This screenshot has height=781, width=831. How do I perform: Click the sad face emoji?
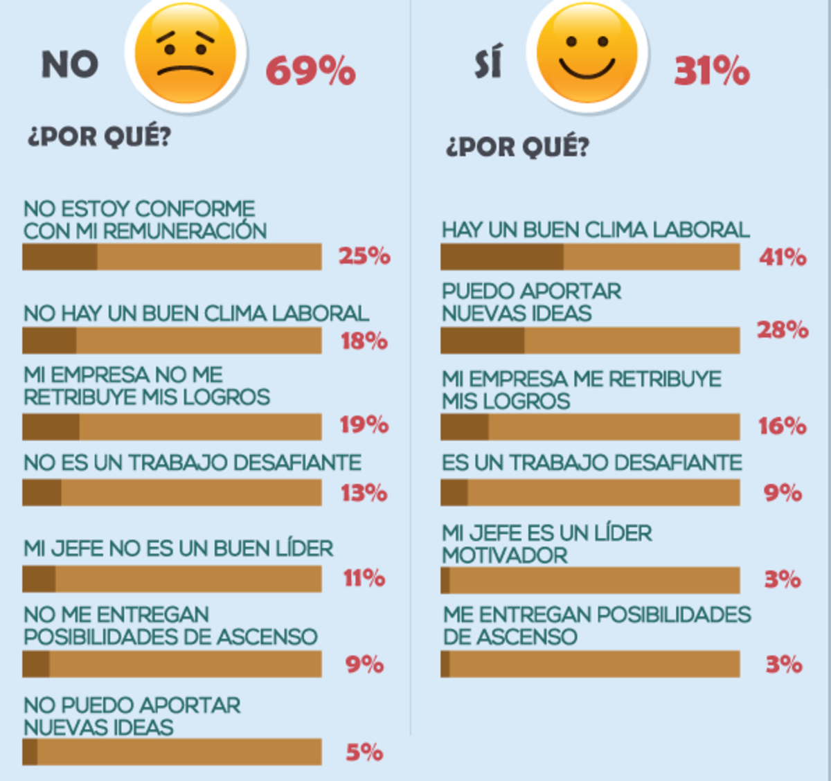(186, 54)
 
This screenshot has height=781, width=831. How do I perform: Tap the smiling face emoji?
(587, 53)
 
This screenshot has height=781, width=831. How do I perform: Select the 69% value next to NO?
(310, 71)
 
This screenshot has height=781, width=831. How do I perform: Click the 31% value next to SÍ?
(711, 71)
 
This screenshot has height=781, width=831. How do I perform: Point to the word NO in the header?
(70, 66)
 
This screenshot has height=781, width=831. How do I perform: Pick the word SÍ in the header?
(488, 64)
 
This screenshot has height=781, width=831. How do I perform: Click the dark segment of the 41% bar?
(502, 258)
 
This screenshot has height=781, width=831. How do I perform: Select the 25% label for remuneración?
(364, 256)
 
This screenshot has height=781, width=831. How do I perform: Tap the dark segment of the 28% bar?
(483, 341)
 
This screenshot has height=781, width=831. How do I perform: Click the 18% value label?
(364, 341)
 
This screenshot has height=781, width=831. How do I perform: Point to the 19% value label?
(364, 424)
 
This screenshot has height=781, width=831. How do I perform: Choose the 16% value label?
(782, 426)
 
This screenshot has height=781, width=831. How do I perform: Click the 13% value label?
(364, 493)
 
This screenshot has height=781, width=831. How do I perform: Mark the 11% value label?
(364, 578)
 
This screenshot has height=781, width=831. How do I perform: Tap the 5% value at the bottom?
(364, 752)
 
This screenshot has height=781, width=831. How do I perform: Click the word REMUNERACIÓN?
(185, 231)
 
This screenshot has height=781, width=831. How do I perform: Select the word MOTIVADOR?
(505, 555)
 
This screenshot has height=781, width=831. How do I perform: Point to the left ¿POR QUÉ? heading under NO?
(99, 136)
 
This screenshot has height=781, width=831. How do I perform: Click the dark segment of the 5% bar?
(30, 752)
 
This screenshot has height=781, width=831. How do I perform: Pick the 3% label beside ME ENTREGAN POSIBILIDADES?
(783, 665)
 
